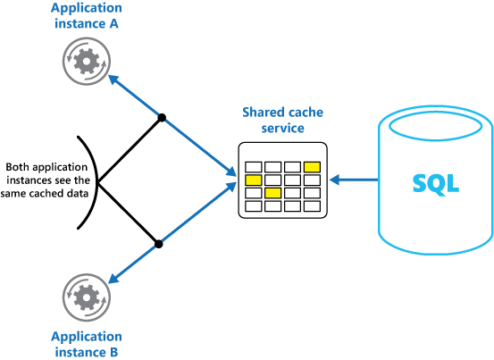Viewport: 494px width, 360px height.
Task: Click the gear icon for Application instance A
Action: tap(87, 60)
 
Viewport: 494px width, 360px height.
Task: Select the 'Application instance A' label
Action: tap(87, 17)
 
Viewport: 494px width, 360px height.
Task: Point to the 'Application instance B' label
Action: tap(87, 343)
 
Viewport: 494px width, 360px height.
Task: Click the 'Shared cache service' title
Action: tap(282, 120)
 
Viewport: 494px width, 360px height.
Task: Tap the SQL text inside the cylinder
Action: tap(435, 183)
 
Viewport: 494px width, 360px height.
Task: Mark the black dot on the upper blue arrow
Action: tap(162, 117)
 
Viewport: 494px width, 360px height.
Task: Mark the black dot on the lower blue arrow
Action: tap(158, 242)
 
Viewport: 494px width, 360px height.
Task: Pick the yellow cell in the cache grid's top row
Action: tap(312, 166)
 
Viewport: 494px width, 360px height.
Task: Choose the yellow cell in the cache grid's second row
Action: tap(254, 180)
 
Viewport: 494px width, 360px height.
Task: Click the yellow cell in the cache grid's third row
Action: tap(273, 193)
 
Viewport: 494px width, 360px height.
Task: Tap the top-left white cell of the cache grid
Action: tap(254, 166)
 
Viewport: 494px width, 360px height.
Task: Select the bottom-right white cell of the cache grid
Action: tap(312, 206)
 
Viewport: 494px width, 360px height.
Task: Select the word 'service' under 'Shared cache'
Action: tap(282, 129)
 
